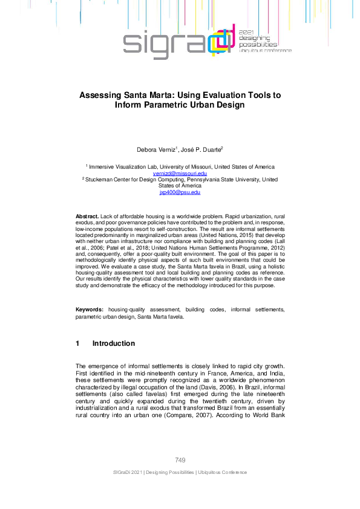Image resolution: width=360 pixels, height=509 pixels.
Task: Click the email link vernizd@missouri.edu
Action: (x=180, y=173)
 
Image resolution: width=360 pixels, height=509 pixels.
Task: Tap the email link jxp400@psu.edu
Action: (x=180, y=192)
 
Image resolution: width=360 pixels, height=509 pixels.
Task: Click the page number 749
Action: (x=180, y=461)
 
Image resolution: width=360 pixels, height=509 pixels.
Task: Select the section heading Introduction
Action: (x=113, y=343)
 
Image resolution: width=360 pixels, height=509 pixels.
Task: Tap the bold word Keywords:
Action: (x=90, y=310)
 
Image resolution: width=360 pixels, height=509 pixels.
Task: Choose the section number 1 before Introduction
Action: (x=77, y=343)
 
